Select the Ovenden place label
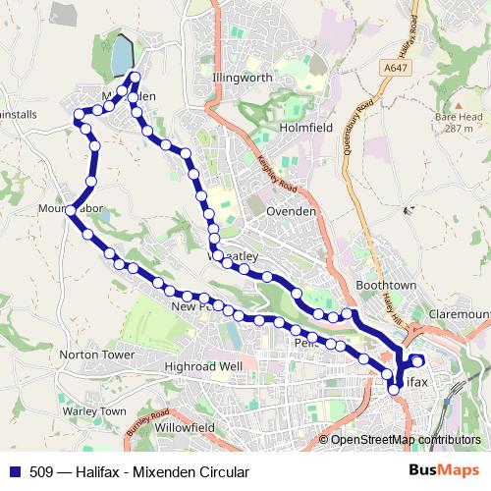[x=293, y=211]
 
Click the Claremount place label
[x=462, y=313]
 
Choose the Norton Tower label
[x=96, y=354]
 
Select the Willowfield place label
[x=184, y=428]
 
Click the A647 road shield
[x=396, y=68]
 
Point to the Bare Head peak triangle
[x=458, y=102]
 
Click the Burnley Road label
[x=147, y=423]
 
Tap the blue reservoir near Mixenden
[x=121, y=56]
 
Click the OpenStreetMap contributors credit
[x=405, y=439]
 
